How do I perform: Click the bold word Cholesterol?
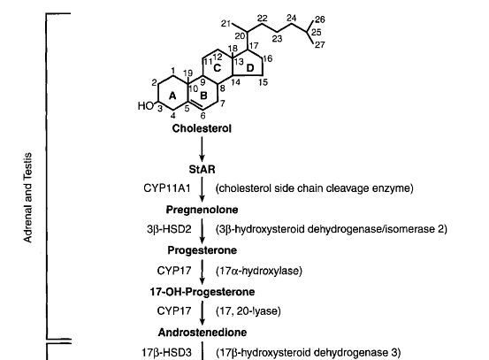coord(202,128)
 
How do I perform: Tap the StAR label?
coord(202,170)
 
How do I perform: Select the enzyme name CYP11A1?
coord(167,188)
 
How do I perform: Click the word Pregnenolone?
coord(202,210)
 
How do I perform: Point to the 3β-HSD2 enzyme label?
coord(169,229)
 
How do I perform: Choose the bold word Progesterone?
coord(202,250)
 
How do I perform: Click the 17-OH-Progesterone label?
coord(202,292)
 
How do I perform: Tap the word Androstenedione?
coord(202,333)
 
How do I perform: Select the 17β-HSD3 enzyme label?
coord(166,353)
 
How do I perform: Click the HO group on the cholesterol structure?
coord(146,106)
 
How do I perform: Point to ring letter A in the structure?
coord(172,96)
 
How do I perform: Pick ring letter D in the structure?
coord(250,68)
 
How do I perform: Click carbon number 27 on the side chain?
coord(319,45)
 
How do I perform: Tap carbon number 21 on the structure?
coord(225,23)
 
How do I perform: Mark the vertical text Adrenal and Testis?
coord(27,197)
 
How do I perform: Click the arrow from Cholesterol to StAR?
coord(202,149)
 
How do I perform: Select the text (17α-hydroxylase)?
coord(259,271)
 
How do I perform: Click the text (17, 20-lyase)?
coord(248,311)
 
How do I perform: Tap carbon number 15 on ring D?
coord(263,82)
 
